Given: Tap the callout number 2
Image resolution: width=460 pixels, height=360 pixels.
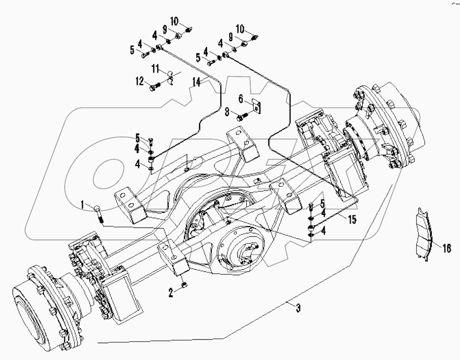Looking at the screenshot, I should pos(171,292).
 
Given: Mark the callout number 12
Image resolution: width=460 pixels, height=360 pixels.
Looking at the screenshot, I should pos(140,81).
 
